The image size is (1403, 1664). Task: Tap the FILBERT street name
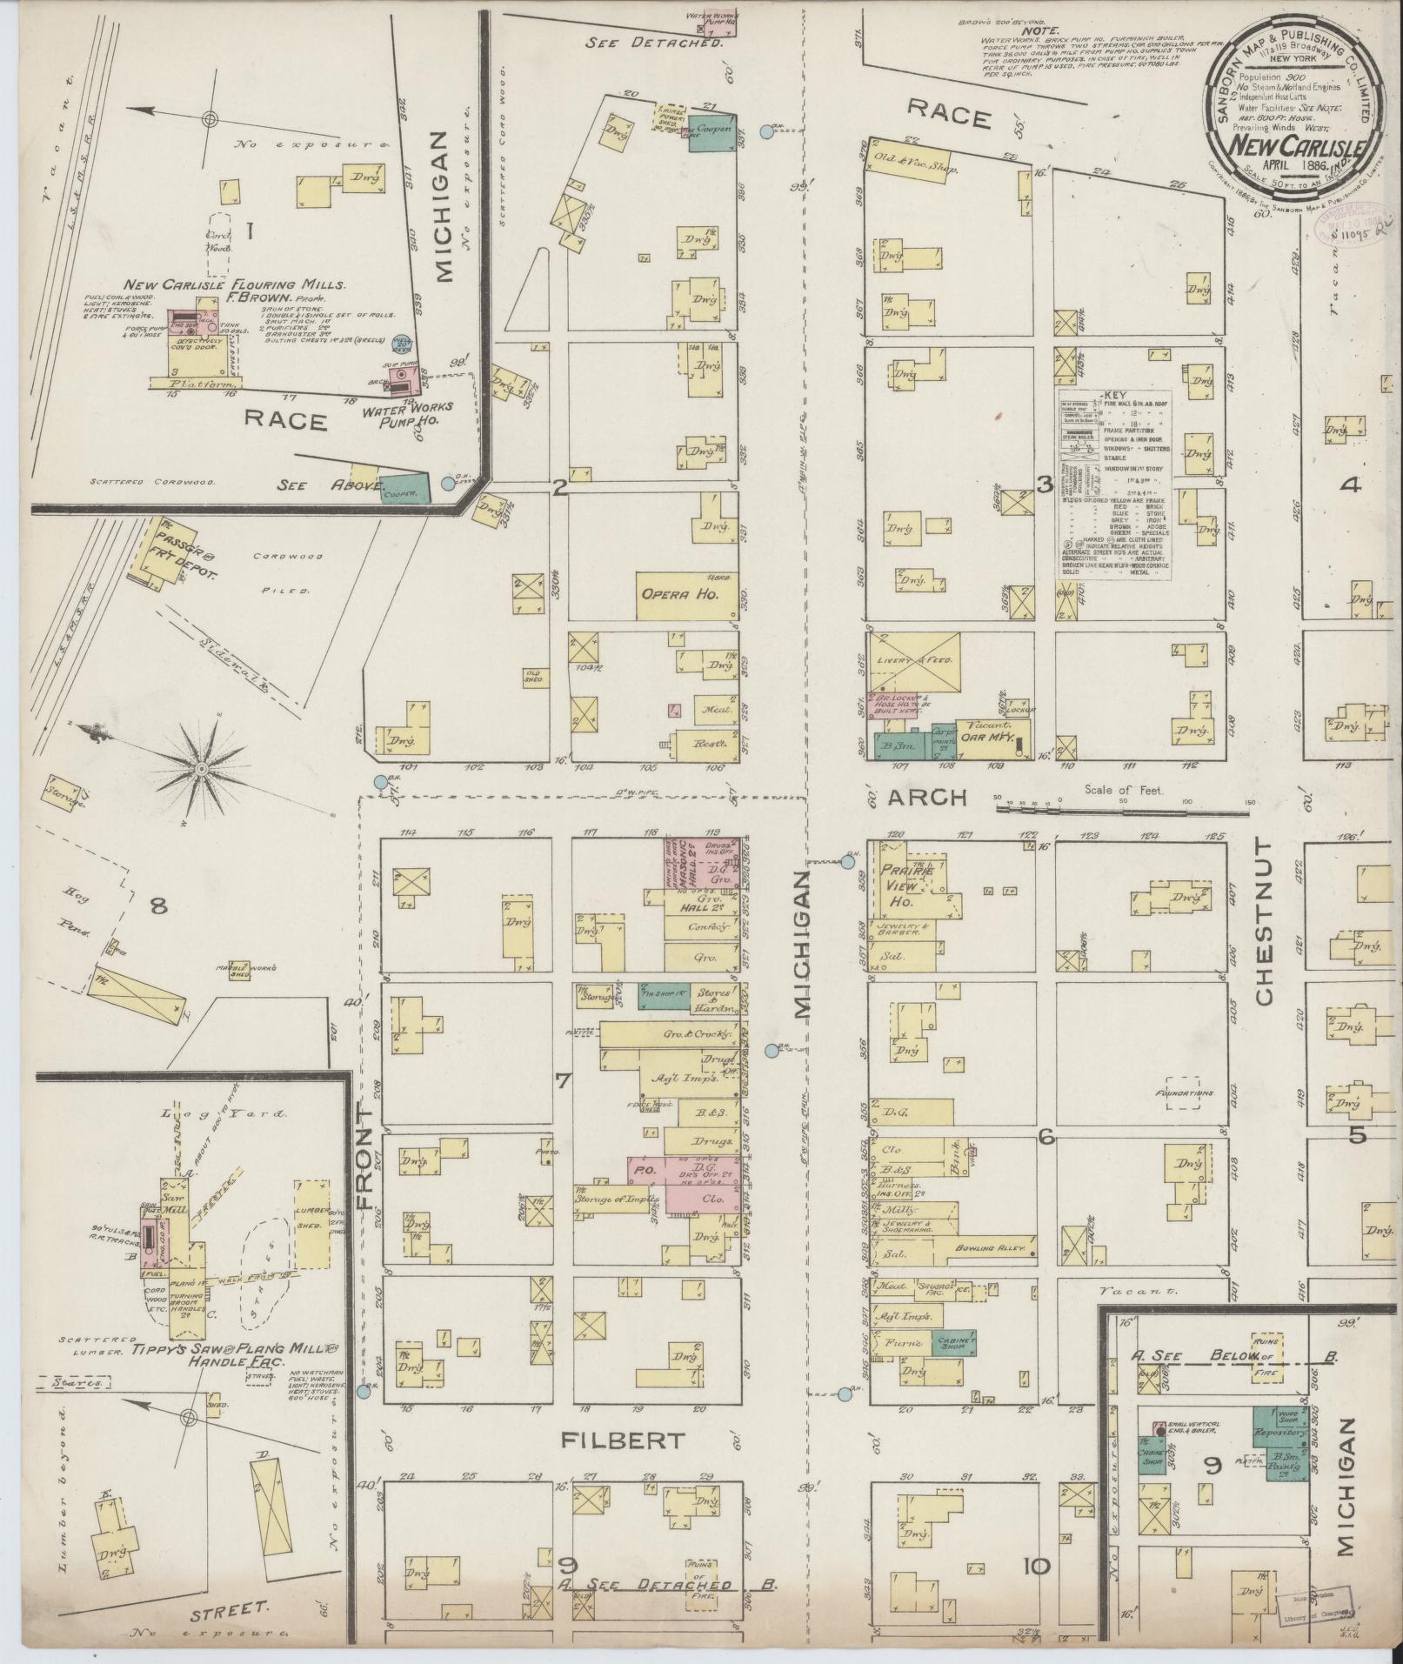[x=622, y=1440]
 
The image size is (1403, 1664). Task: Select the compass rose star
[x=201, y=769]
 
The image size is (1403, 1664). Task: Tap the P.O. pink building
[x=645, y=1171]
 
